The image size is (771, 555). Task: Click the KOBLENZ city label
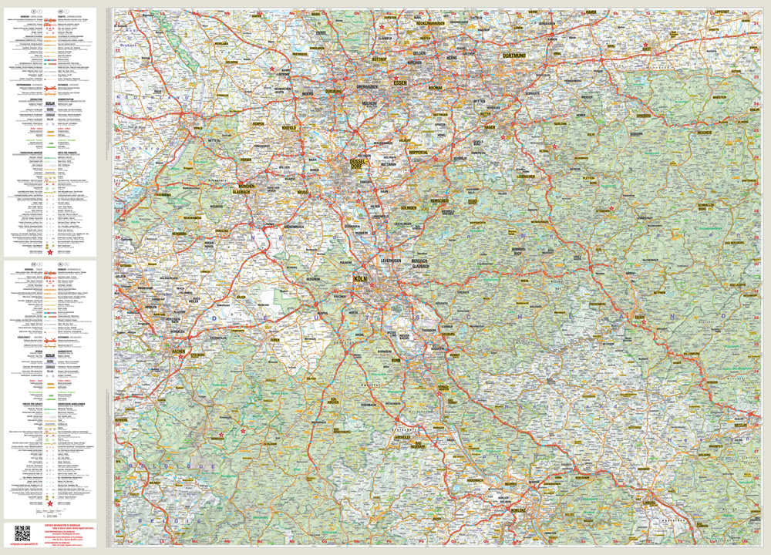point(518,510)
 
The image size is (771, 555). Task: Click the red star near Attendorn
point(611,208)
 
